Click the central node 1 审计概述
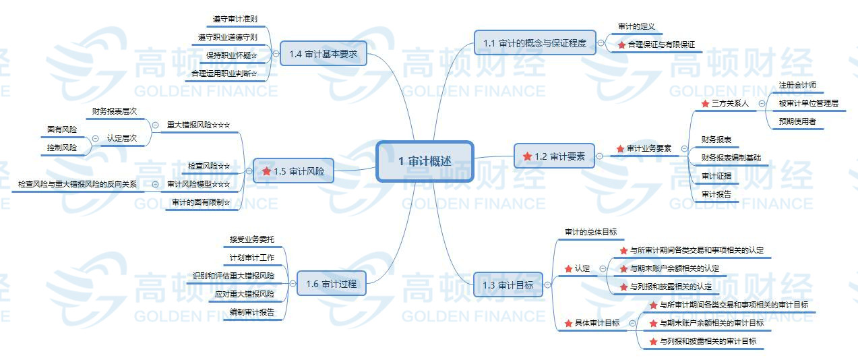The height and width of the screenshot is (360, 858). [x=425, y=161]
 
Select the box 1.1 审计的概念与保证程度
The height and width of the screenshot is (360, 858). [x=534, y=43]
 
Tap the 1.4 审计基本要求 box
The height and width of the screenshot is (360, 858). [x=323, y=54]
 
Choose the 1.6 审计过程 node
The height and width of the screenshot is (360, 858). [x=330, y=284]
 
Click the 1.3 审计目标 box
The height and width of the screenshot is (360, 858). [x=508, y=285]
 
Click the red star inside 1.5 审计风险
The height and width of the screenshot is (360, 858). [x=267, y=171]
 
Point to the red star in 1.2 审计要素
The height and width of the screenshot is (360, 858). [x=527, y=156]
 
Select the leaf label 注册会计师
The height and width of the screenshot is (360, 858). [x=797, y=86]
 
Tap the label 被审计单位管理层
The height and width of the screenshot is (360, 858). [x=808, y=104]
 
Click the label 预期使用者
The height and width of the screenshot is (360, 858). [x=797, y=122]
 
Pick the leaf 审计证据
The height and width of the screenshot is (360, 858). [x=716, y=176]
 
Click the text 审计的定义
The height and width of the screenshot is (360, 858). [x=636, y=27]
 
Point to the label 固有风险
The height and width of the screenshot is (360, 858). [x=62, y=129]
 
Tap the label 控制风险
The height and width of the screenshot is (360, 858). [x=62, y=147]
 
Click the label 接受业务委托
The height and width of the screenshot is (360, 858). [x=251, y=239]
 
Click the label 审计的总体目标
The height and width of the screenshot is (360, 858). [x=590, y=232]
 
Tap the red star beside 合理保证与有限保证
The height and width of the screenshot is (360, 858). [x=621, y=45]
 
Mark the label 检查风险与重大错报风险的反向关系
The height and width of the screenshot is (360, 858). [x=78, y=184]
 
